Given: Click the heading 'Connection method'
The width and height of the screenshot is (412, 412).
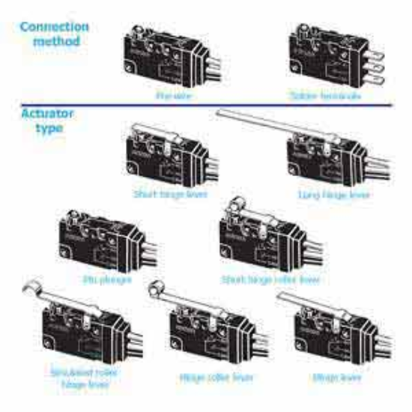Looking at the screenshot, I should click(x=54, y=34).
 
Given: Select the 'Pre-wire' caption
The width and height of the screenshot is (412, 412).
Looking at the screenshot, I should click(x=171, y=96).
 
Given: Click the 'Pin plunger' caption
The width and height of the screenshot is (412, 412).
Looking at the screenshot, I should click(x=104, y=279).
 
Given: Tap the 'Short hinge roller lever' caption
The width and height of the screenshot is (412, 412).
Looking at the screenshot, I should click(x=270, y=279).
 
